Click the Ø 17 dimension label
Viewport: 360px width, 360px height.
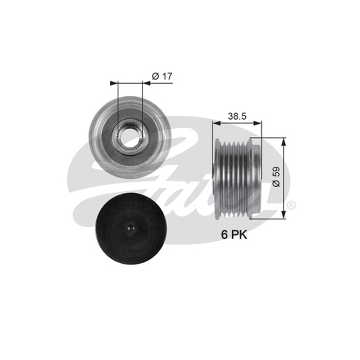click(x=162, y=76)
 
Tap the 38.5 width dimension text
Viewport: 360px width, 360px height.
click(x=237, y=117)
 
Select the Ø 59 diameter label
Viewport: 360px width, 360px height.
click(x=276, y=177)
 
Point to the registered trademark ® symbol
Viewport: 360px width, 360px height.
click(x=291, y=205)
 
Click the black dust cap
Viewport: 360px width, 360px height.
click(x=130, y=229)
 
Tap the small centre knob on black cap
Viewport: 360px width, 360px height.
click(x=130, y=228)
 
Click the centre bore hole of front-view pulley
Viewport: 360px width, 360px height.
click(x=129, y=138)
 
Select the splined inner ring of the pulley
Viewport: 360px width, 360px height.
click(x=129, y=138)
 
